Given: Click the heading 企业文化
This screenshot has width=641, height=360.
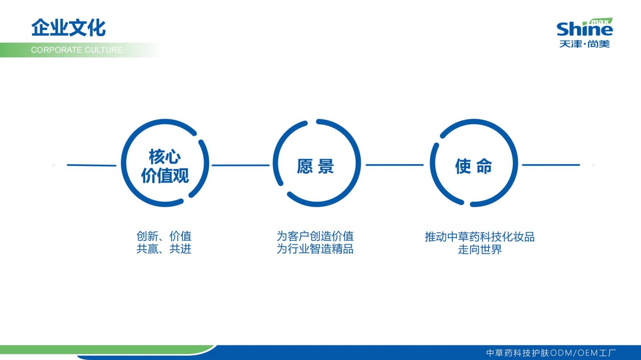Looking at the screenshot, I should (x=68, y=28).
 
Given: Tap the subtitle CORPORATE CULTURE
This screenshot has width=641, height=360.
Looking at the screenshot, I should (x=76, y=50).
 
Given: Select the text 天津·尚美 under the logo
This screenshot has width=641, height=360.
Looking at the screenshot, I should (x=584, y=44).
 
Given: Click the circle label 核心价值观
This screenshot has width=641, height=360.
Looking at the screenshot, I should (x=165, y=166).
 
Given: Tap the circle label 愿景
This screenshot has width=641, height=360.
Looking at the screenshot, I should (x=315, y=166).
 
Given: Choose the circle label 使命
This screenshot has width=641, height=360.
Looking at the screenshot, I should (x=473, y=166).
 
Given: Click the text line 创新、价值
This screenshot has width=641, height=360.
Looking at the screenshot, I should (x=164, y=236).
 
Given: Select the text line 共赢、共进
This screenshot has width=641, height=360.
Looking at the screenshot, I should (x=164, y=249).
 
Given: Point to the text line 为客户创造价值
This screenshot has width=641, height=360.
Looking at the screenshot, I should (x=315, y=236).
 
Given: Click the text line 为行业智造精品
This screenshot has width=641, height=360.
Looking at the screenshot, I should (x=315, y=249).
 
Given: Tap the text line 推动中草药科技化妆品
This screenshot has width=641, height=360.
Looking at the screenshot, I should (x=479, y=237).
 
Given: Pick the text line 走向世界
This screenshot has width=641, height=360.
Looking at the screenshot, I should (x=479, y=250).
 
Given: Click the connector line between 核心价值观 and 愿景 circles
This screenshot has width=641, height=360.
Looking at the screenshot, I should (x=241, y=165).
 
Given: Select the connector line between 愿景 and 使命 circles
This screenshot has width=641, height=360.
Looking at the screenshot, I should (x=394, y=164).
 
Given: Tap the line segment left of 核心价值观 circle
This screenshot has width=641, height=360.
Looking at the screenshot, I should (x=91, y=165).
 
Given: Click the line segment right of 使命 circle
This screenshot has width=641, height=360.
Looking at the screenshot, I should (x=551, y=164).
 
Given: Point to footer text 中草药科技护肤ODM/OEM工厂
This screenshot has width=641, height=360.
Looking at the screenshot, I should (x=551, y=353).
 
